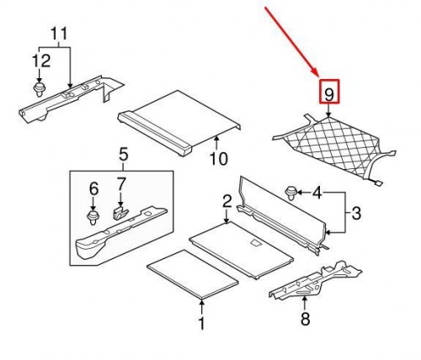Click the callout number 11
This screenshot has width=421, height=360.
(x=59, y=34)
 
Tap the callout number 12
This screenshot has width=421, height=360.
(x=41, y=61)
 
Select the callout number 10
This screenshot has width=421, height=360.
(x=219, y=159)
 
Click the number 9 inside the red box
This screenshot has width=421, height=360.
(x=329, y=94)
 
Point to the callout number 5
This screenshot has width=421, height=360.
(x=124, y=155)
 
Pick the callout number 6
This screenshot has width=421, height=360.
(x=93, y=188)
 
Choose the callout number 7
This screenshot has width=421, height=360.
(x=120, y=184)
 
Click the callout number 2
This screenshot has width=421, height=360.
(x=226, y=201)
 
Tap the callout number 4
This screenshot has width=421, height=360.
(x=317, y=193)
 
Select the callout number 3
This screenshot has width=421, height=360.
(x=356, y=213)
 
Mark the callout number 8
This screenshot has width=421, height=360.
(x=305, y=319)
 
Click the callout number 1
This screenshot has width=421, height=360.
(x=201, y=323)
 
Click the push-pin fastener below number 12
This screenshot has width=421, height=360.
(x=39, y=89)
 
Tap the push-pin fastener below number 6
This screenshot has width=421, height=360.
(x=92, y=218)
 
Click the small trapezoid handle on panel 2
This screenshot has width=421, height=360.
(x=255, y=242)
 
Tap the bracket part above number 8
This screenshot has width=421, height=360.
(x=314, y=280)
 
